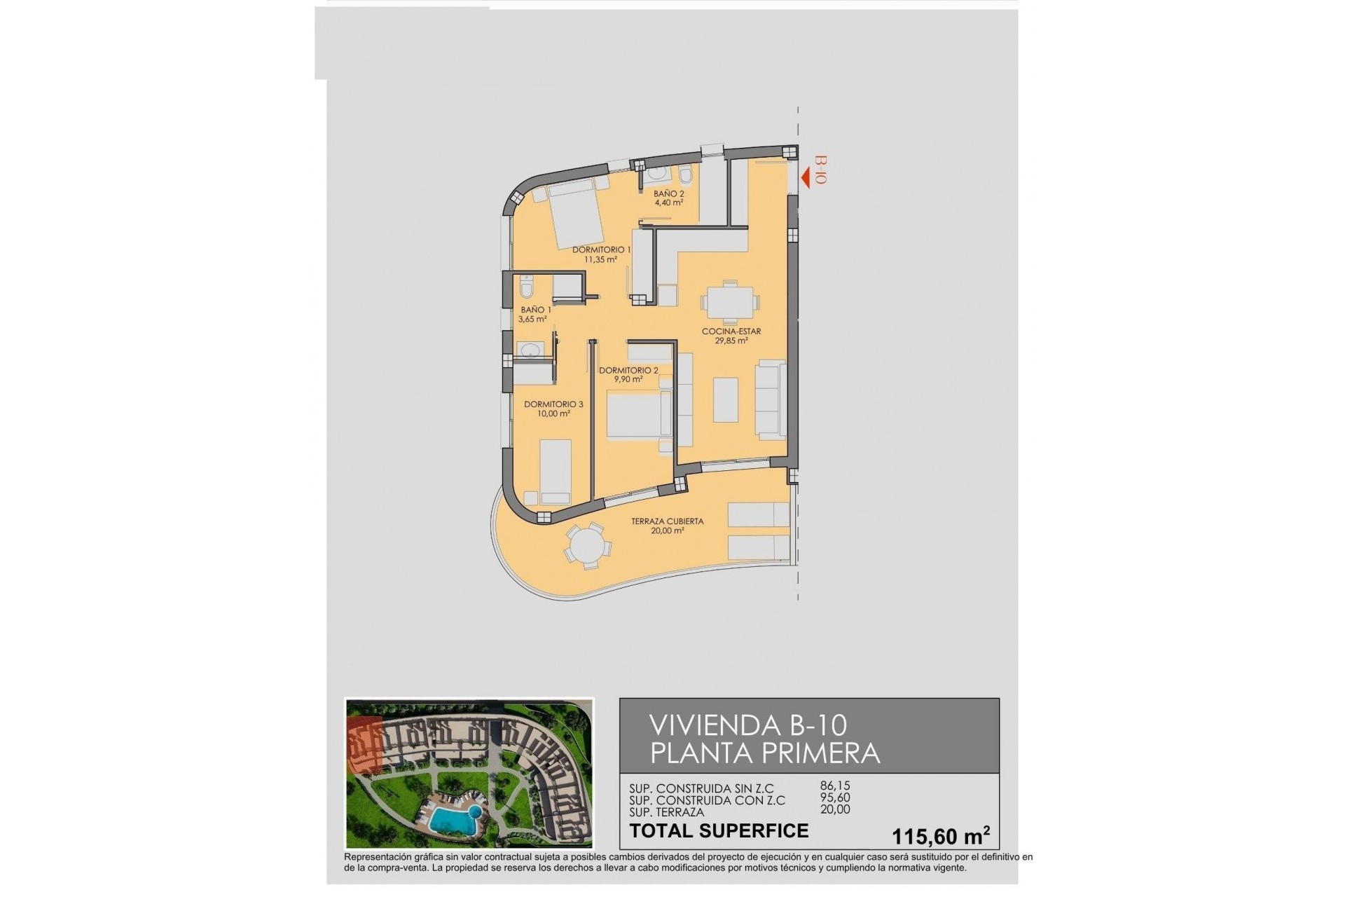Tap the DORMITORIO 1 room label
601,249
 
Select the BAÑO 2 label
668,193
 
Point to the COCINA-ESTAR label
731,331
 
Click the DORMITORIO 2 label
628,370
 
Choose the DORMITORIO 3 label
553,404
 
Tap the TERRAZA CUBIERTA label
667,521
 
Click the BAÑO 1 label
535,310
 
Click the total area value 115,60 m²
940,836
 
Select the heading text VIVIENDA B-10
748,725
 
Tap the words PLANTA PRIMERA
765,753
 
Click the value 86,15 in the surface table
834,786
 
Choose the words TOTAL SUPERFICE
719,831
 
